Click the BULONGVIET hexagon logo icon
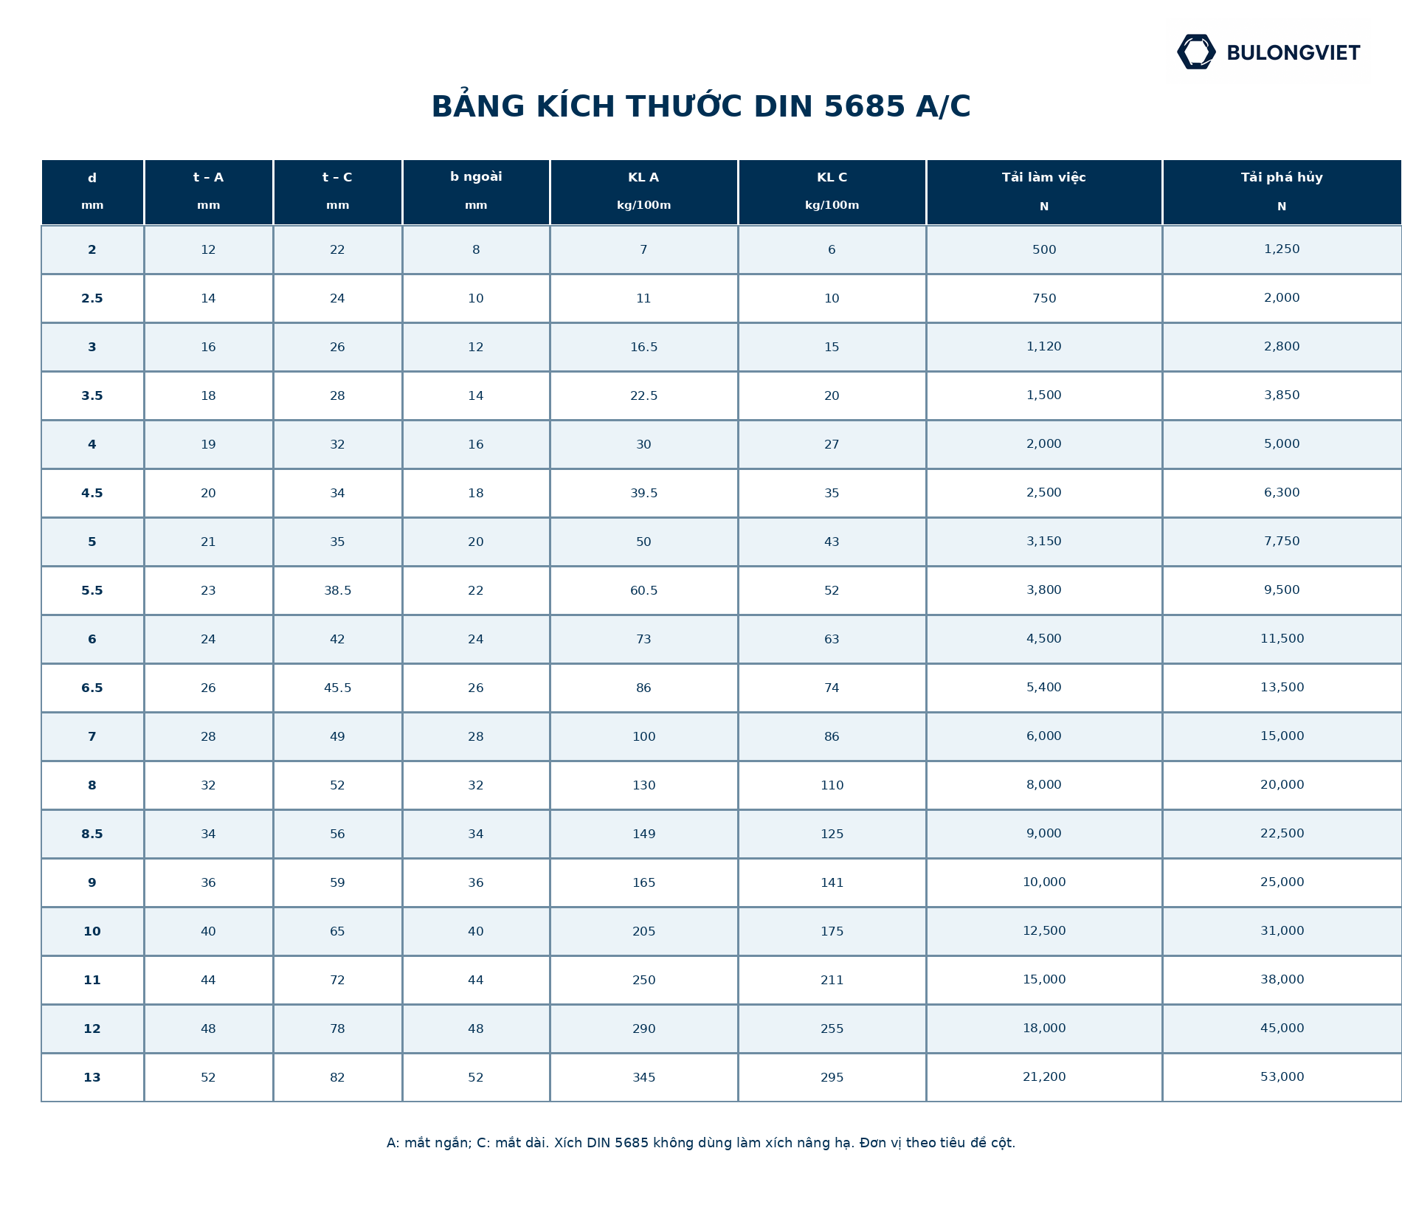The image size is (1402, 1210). [x=1196, y=52]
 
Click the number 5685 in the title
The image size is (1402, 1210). [x=864, y=107]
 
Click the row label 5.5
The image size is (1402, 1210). [x=92, y=590]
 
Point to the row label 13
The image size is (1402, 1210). [x=92, y=1077]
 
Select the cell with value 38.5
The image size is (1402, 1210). [x=338, y=590]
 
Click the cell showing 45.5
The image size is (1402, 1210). [x=338, y=688]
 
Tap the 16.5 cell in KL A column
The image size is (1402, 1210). [x=643, y=347]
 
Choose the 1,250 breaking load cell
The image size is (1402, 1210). [x=1282, y=249]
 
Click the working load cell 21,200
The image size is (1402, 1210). [x=1044, y=1077]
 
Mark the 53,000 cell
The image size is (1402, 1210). [x=1282, y=1077]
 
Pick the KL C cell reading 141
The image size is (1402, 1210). [x=832, y=882]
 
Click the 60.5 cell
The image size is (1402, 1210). [x=643, y=590]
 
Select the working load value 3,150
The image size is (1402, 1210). [x=1044, y=542]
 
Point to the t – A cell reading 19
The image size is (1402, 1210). [x=208, y=444]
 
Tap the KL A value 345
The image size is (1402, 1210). [x=643, y=1077]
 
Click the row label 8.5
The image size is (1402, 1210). [x=92, y=834]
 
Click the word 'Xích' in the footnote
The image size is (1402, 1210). [x=568, y=1143]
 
